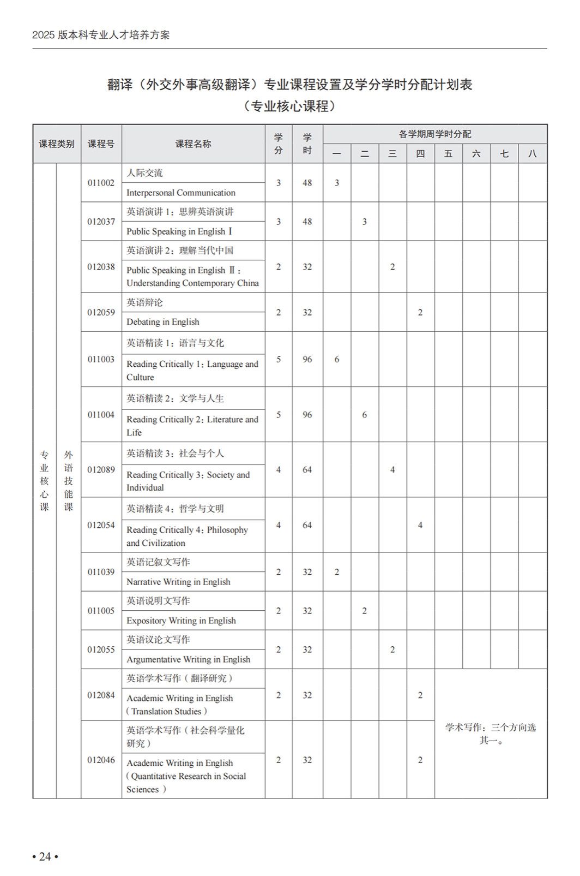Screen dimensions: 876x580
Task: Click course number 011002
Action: click(101, 183)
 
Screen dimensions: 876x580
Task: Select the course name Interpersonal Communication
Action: click(181, 193)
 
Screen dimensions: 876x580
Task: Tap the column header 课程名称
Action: click(193, 144)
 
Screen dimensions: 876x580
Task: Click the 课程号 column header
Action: click(101, 144)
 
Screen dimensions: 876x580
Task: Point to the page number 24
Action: click(45, 856)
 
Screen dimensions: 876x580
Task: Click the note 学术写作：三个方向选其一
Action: click(490, 734)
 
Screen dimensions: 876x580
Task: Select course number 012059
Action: click(101, 312)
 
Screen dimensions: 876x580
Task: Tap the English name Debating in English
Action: click(163, 322)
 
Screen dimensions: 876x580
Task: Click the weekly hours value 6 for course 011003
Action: click(337, 359)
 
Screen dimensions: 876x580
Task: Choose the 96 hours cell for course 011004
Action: click(307, 415)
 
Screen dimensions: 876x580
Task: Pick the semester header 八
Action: click(532, 154)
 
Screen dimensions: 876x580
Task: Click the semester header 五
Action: click(448, 154)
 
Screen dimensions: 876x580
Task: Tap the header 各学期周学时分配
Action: click(434, 134)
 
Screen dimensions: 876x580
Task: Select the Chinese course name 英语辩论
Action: click(144, 302)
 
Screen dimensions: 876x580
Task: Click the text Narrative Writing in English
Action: click(178, 582)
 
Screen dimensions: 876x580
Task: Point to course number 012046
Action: click(101, 760)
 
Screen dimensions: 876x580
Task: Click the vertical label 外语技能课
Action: click(68, 480)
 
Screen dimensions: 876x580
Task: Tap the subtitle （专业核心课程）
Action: click(289, 106)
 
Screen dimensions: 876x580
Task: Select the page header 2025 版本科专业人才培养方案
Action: click(101, 35)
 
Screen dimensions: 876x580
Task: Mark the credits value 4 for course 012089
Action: click(279, 470)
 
